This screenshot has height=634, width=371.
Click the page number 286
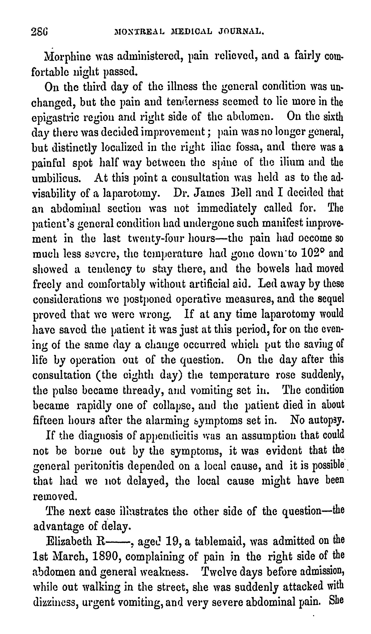click(39, 32)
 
